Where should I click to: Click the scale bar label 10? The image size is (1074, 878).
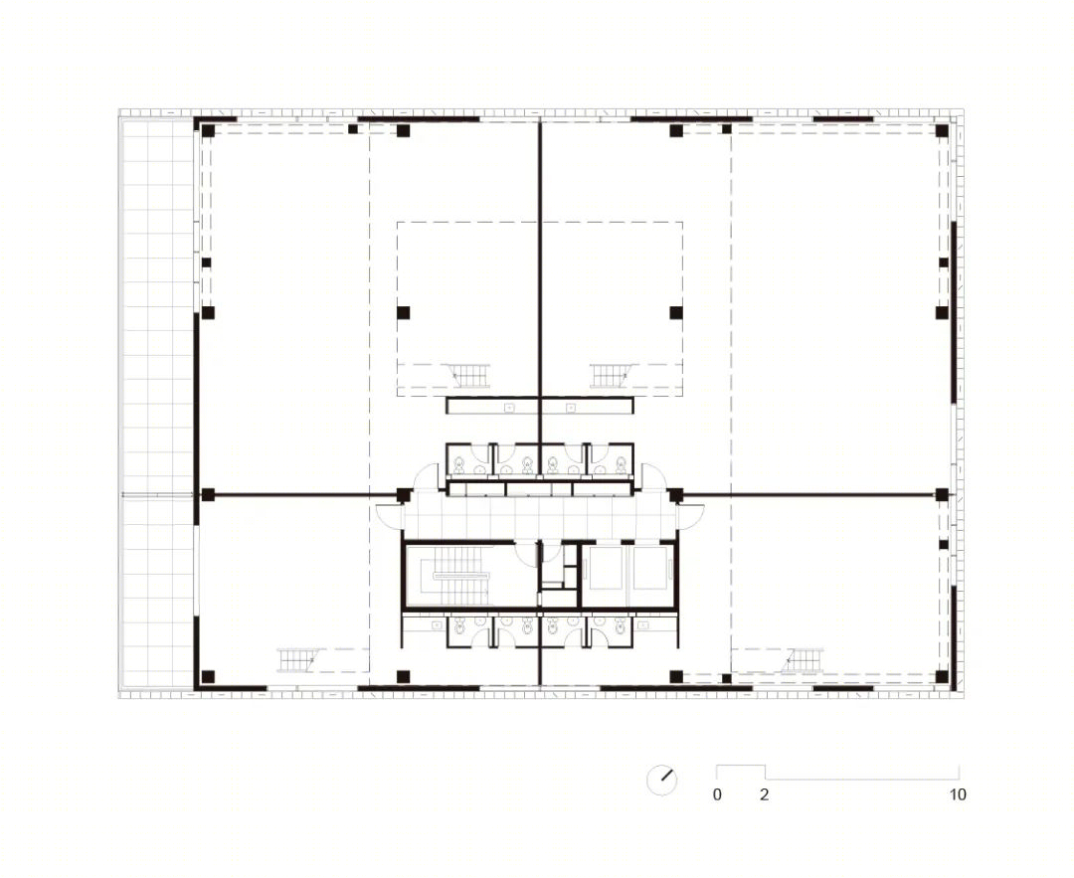[x=958, y=794]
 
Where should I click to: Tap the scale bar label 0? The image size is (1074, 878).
[x=717, y=794]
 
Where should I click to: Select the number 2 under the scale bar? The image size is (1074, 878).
[x=765, y=794]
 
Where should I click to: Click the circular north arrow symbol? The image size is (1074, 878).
[x=661, y=780]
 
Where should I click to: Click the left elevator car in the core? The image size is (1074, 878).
[x=606, y=567]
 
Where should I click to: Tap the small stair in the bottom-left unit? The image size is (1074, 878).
[x=297, y=660]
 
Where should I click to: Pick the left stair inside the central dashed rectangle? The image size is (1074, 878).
[x=469, y=375]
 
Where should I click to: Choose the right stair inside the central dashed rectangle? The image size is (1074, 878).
[x=611, y=375]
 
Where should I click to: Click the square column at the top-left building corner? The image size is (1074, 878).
[x=208, y=131]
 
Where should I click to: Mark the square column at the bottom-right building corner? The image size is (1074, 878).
[x=942, y=677]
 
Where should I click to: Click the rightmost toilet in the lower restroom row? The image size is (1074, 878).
[x=620, y=626]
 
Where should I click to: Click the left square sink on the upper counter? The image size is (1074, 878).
[x=509, y=408]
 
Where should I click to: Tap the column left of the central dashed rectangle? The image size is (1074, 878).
[x=404, y=312]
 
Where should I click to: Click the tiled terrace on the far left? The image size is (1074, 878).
[x=157, y=404]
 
